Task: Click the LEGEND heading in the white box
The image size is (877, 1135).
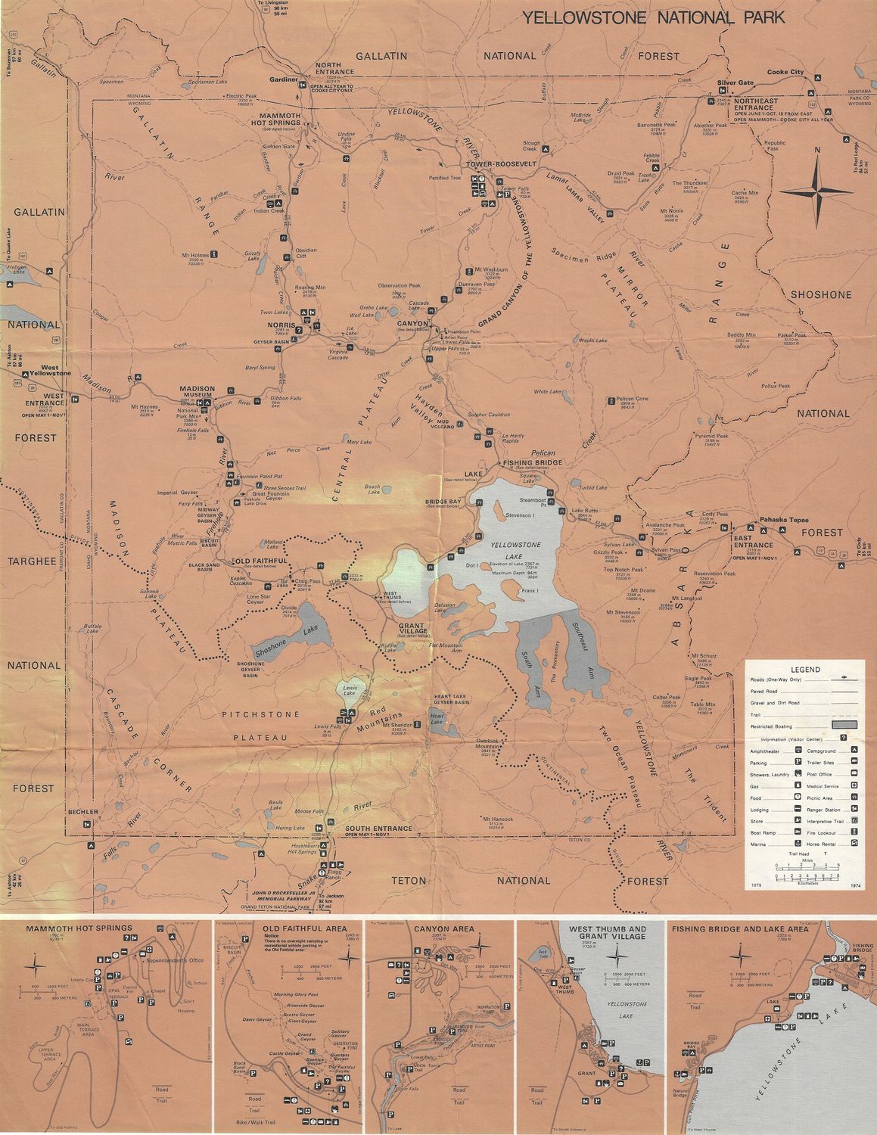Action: pyautogui.click(x=805, y=670)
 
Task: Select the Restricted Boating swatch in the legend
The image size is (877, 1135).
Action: pyautogui.click(x=844, y=724)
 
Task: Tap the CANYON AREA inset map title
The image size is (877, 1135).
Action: pyautogui.click(x=443, y=928)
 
